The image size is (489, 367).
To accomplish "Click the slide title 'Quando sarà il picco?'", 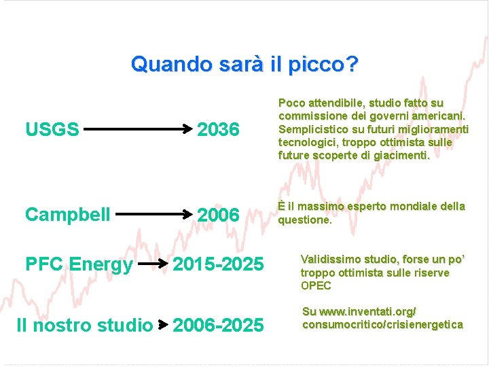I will pyautogui.click(x=244, y=65).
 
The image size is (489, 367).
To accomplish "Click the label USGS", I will pyautogui.click(x=52, y=128).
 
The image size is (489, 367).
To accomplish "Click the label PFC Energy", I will pyautogui.click(x=79, y=264).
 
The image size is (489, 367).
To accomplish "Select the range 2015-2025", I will pyautogui.click(x=217, y=264).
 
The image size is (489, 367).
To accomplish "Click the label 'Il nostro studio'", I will pyautogui.click(x=84, y=326).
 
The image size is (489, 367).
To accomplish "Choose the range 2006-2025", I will pyautogui.click(x=217, y=326).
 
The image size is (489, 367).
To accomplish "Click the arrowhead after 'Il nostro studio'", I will pyautogui.click(x=162, y=326).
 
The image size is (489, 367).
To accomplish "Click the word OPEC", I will pyautogui.click(x=316, y=285).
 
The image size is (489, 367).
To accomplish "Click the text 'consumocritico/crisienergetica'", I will pyautogui.click(x=382, y=324).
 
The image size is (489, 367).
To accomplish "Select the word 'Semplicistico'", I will pyautogui.click(x=312, y=129).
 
